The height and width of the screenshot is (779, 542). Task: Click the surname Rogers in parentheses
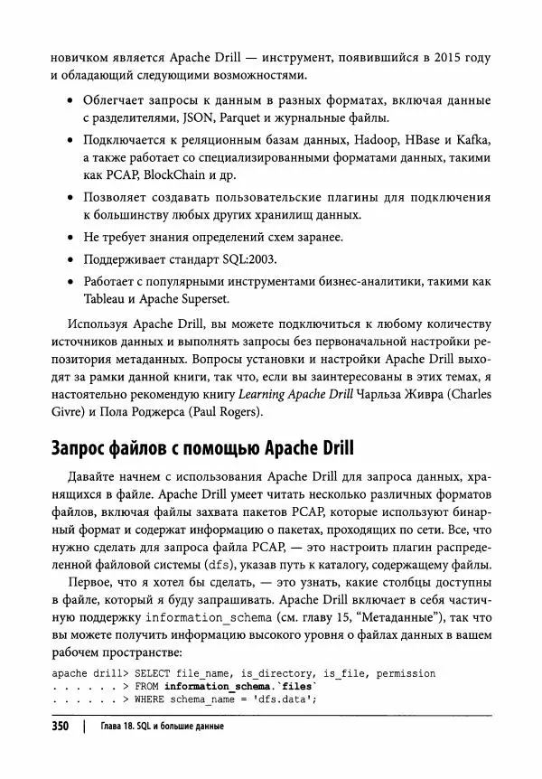(x=235, y=413)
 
